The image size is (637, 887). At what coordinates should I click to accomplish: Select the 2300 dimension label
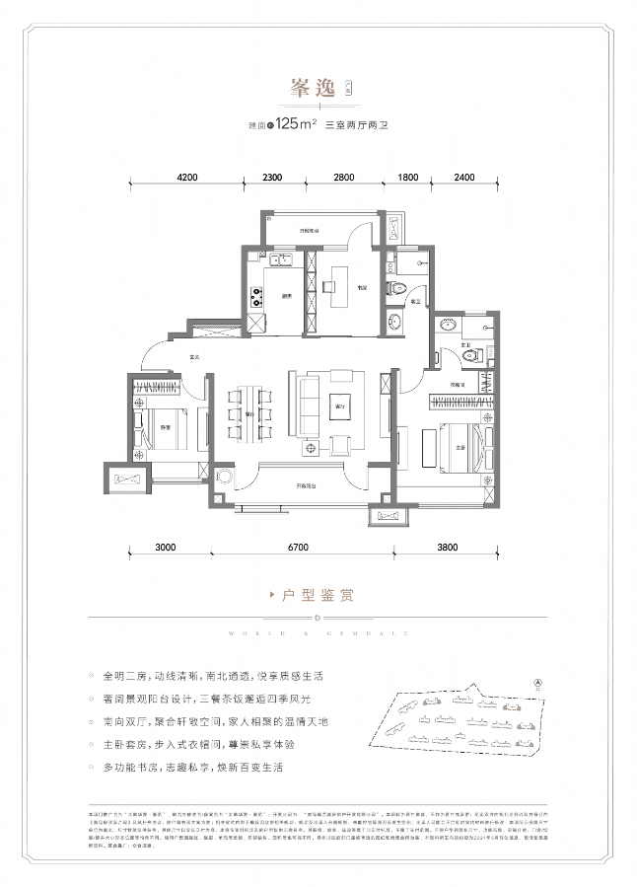click(272, 178)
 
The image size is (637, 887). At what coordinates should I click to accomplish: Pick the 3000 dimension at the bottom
click(165, 546)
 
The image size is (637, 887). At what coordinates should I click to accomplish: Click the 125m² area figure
click(295, 124)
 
